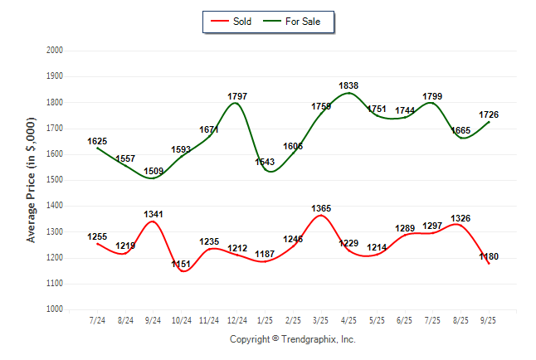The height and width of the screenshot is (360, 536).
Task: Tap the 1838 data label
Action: [x=349, y=86]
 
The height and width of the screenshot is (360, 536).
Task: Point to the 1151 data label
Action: [x=181, y=264]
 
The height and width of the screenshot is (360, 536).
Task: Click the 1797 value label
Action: [x=237, y=97]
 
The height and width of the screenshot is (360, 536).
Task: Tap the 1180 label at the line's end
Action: [x=490, y=256]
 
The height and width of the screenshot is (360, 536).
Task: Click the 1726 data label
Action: [x=490, y=114]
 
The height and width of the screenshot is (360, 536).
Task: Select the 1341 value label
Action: [x=153, y=214]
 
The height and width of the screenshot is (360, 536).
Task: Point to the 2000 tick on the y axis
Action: [x=54, y=51]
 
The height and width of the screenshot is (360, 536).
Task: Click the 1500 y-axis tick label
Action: [x=54, y=180]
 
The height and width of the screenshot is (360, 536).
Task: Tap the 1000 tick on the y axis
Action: [x=54, y=309]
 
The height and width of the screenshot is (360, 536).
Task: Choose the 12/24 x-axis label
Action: [x=237, y=320]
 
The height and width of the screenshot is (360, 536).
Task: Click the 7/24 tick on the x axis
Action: [x=97, y=320]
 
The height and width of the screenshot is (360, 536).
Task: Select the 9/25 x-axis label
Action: [x=490, y=320]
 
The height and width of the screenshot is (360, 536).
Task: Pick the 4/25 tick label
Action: [x=349, y=320]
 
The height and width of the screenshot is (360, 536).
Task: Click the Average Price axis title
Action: [x=32, y=180]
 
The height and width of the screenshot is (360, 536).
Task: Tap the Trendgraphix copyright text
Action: [x=292, y=339]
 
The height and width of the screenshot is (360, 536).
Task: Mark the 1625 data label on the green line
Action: [x=98, y=142]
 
